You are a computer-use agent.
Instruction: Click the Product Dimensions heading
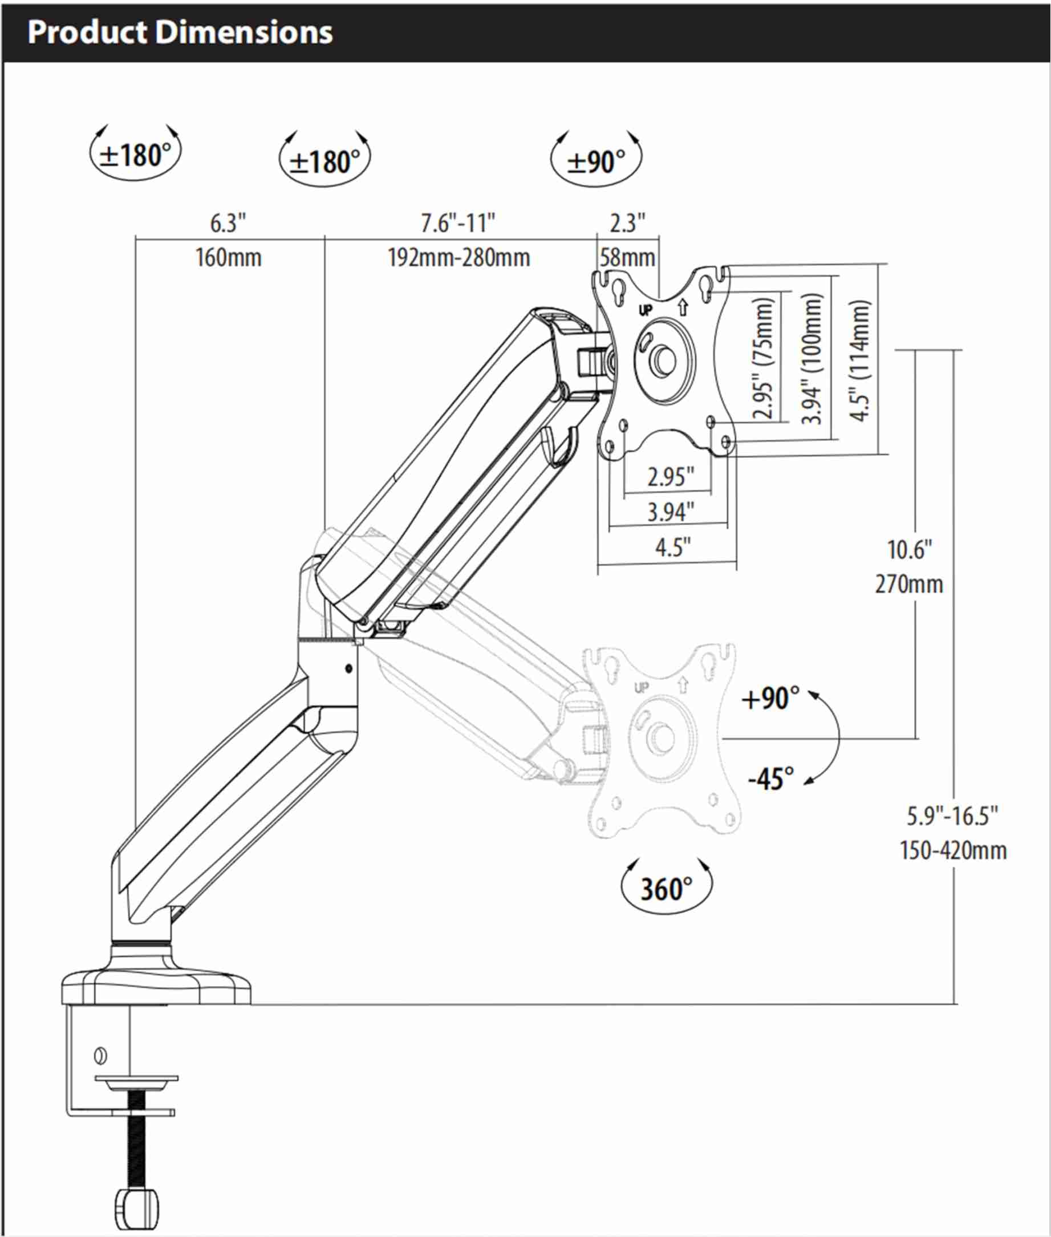[180, 32]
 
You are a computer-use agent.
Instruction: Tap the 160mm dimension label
[228, 258]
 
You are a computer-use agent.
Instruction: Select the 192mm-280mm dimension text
[458, 258]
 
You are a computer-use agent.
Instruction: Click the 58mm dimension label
[627, 258]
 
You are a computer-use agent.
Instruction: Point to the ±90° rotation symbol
[596, 161]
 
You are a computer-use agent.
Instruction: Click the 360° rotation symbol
[666, 889]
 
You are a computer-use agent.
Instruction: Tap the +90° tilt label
[770, 699]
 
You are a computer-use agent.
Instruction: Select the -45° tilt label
[771, 779]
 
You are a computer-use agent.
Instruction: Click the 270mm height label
[908, 585]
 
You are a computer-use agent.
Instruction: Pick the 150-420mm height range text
[953, 851]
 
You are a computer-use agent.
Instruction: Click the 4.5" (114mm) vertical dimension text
[860, 360]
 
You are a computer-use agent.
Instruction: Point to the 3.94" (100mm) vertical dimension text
[811, 359]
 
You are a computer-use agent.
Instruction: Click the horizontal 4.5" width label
[673, 547]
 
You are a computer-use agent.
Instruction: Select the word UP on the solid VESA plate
[646, 310]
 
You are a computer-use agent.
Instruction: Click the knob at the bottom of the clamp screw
[136, 1208]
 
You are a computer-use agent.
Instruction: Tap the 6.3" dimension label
[228, 224]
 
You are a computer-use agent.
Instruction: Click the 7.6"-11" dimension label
[457, 224]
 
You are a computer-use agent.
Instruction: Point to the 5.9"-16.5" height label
[952, 816]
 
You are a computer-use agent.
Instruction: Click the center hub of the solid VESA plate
[663, 359]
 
